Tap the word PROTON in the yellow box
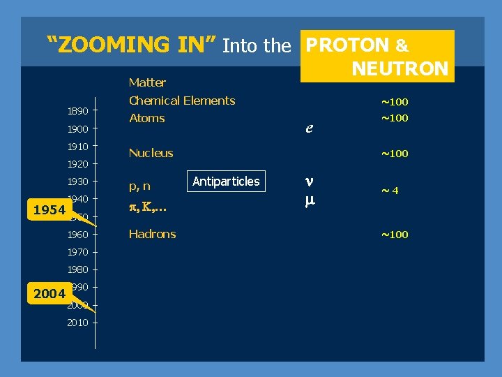(348, 45)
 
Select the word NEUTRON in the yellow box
(400, 68)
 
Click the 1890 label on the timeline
(77, 111)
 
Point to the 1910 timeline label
(77, 147)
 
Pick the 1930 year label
(77, 182)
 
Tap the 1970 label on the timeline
(77, 252)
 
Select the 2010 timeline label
(77, 323)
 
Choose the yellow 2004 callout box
(49, 294)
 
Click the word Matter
(147, 82)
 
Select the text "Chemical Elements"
(182, 101)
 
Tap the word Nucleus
(151, 153)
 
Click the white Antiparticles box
(226, 182)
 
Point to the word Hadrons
(152, 234)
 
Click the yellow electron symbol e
(309, 128)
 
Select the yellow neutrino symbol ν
(309, 181)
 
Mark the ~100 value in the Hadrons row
(394, 235)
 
